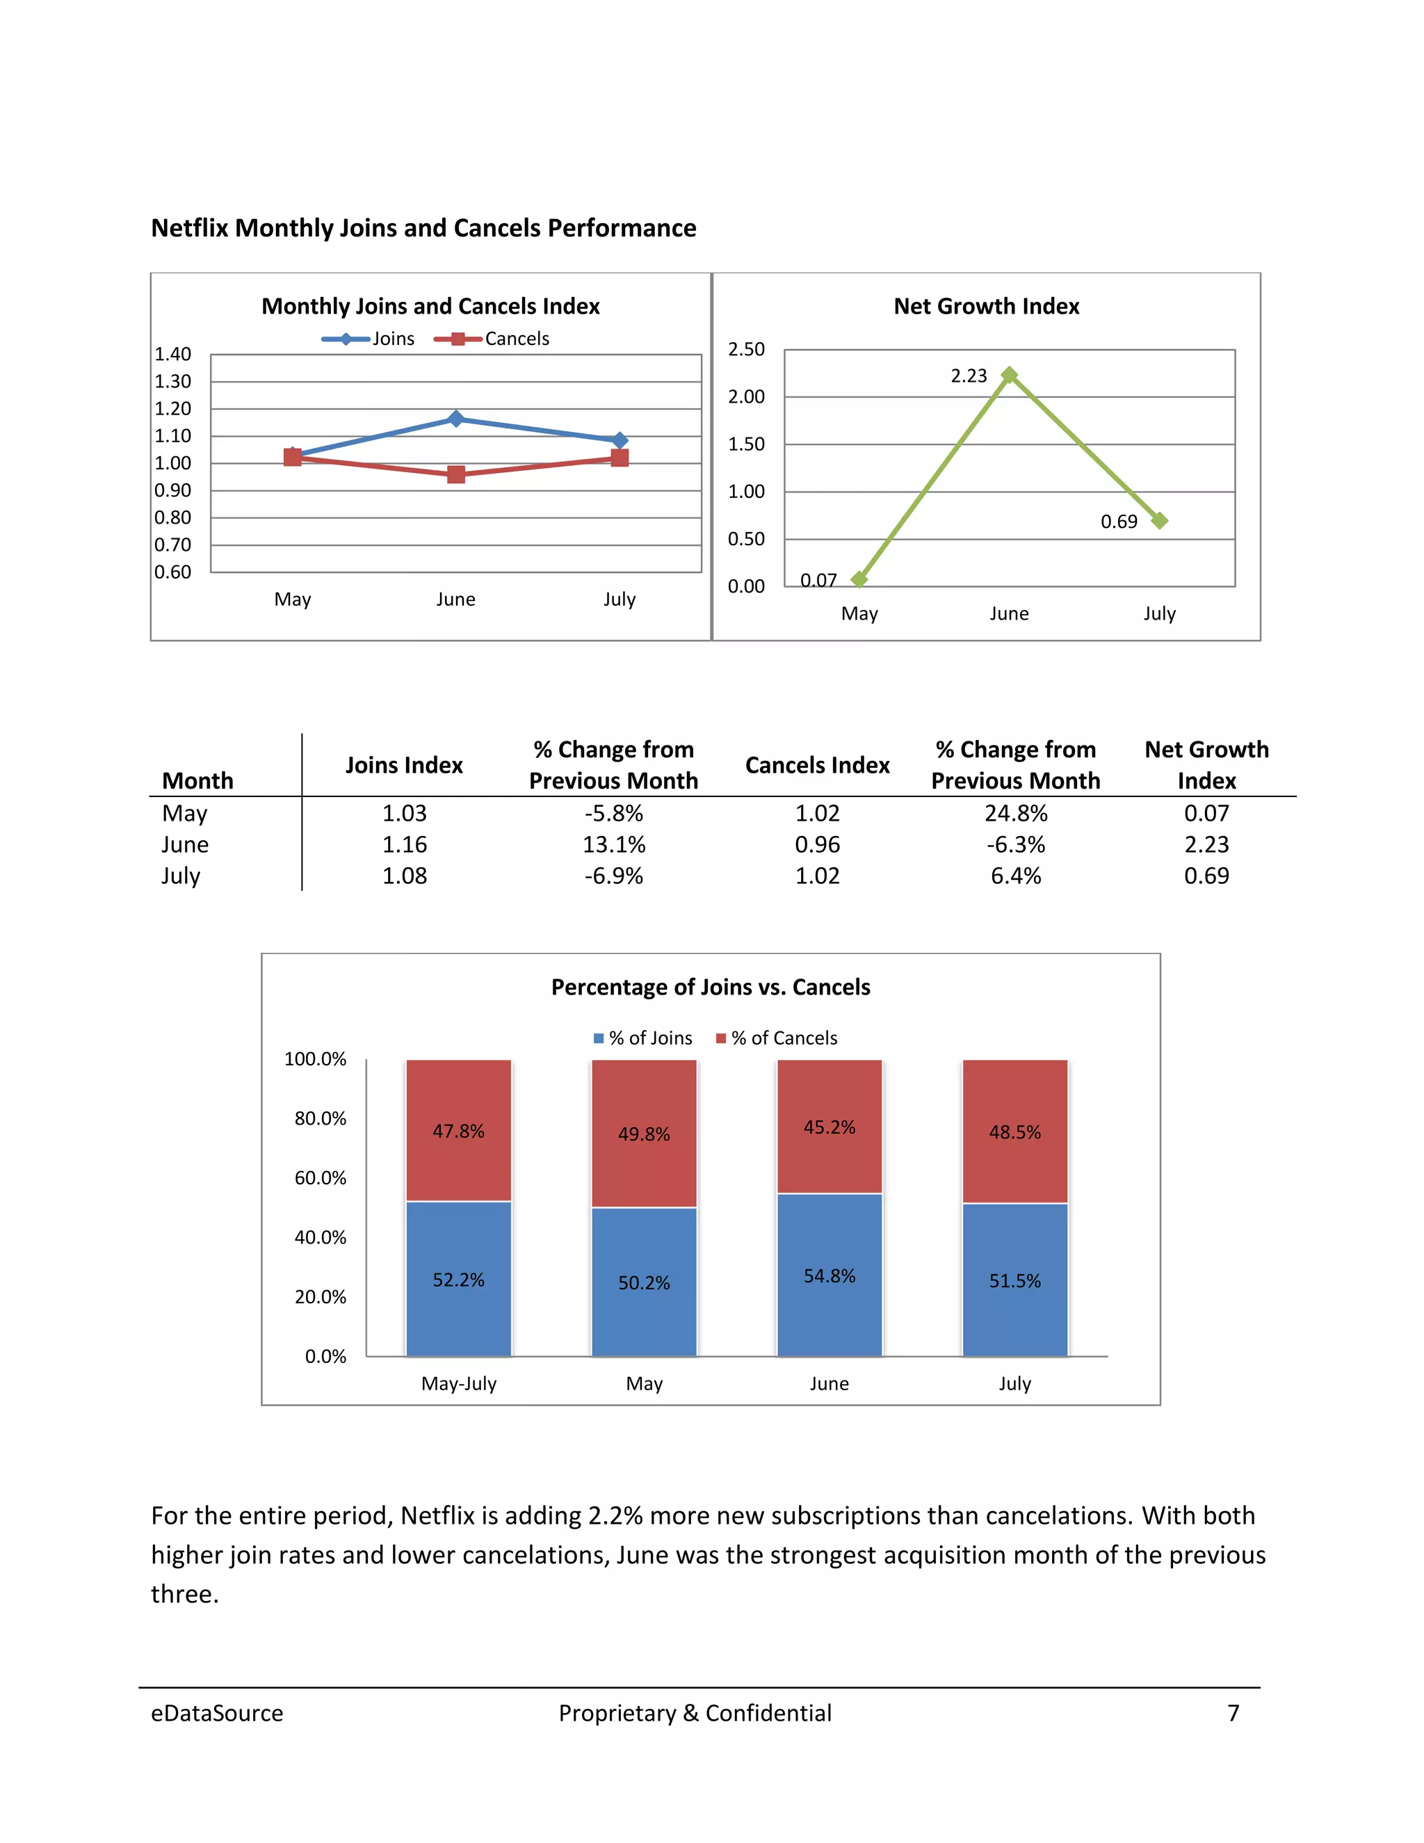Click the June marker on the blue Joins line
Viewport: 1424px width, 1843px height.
(455, 419)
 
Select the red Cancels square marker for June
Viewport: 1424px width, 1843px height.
(455, 474)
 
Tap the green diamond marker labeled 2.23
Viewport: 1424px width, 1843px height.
(1009, 375)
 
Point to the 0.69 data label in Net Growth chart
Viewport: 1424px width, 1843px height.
(1119, 522)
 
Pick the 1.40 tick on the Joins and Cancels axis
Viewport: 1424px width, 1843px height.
(173, 353)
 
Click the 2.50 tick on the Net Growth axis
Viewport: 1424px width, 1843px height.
(747, 348)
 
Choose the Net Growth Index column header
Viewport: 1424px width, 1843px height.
(1206, 764)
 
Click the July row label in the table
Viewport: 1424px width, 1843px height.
(181, 875)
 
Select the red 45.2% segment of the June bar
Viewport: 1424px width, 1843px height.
(830, 1127)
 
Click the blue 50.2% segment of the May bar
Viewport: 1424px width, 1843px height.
(644, 1282)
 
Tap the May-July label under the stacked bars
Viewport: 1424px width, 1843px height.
(459, 1383)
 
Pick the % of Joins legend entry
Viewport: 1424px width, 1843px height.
(643, 1038)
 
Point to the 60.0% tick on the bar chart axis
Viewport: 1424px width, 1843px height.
(320, 1177)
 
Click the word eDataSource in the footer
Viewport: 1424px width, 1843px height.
(217, 1712)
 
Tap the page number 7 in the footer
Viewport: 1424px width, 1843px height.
(1233, 1712)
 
